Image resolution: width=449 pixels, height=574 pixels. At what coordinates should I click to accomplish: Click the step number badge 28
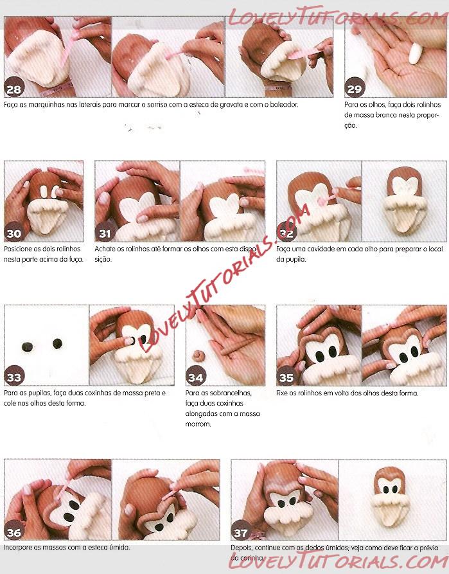click(x=14, y=87)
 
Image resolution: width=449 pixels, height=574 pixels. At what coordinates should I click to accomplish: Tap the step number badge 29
click(x=354, y=87)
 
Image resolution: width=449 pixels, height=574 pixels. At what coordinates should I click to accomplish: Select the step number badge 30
click(x=14, y=232)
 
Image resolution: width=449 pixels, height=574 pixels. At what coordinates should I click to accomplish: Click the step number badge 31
click(x=105, y=232)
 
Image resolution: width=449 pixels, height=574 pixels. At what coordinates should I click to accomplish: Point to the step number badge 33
click(x=14, y=376)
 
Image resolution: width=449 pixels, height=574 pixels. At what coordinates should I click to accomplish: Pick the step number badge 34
click(x=196, y=376)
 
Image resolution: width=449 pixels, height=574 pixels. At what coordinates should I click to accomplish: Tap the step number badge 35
click(x=286, y=376)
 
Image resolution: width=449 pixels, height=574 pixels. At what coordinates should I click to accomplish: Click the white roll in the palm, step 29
click(x=416, y=54)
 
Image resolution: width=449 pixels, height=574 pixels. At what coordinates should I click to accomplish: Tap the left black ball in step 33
click(x=28, y=346)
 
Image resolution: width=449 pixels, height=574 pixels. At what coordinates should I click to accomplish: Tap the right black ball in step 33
click(x=57, y=343)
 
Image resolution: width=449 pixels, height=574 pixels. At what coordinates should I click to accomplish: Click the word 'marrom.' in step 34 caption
click(x=198, y=424)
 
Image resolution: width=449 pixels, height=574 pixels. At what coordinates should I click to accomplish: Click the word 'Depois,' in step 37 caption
click(x=242, y=548)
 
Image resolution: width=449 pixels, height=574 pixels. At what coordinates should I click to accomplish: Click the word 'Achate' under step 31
click(x=104, y=249)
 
